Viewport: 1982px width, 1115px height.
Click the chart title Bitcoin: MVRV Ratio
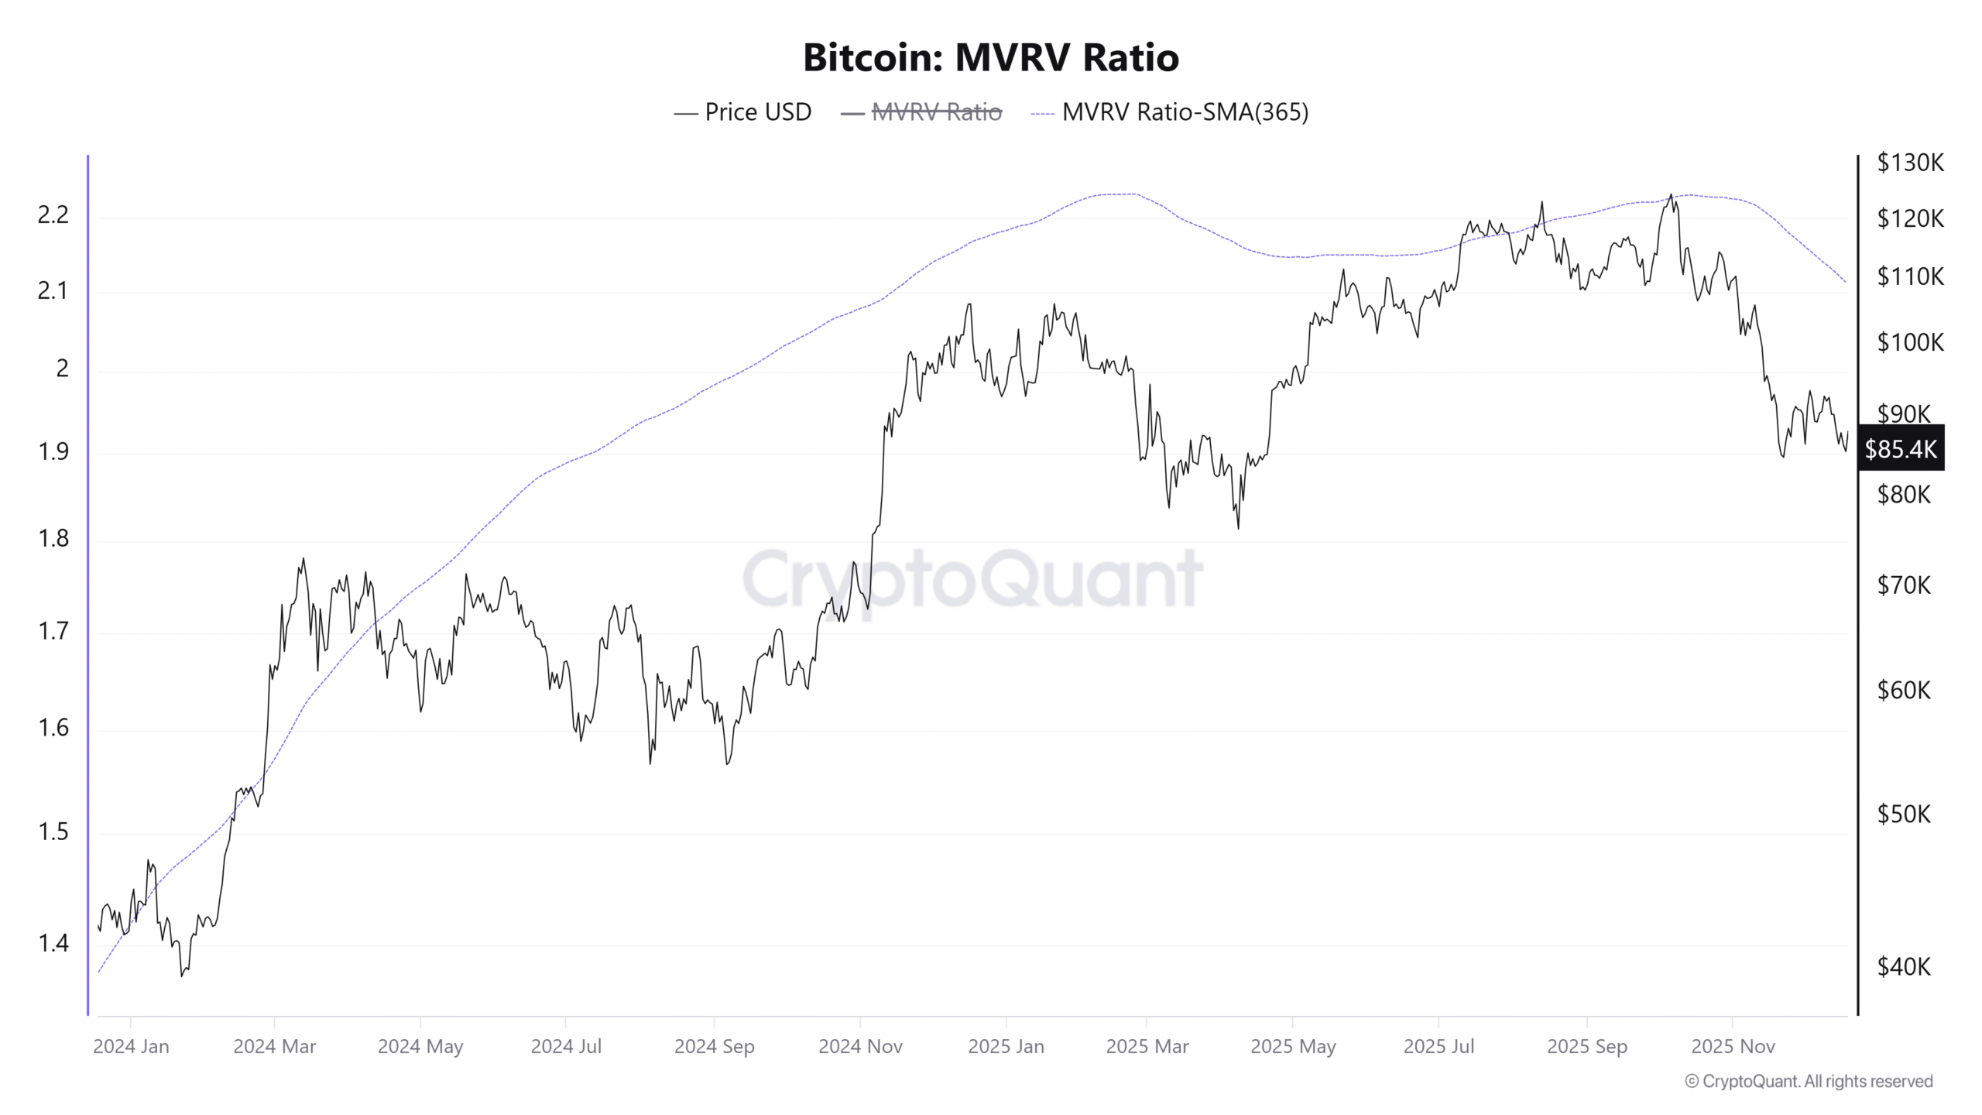click(x=990, y=57)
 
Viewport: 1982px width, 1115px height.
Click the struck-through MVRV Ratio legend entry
click(x=936, y=112)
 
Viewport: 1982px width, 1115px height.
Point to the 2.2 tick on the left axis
click(x=53, y=215)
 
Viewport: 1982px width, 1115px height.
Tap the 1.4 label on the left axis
click(x=53, y=943)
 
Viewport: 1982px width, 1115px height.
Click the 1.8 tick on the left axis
click(x=53, y=538)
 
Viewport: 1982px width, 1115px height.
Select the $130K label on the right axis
click(x=1910, y=163)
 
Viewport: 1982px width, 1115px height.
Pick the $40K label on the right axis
click(x=1904, y=966)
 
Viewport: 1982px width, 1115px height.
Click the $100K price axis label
click(x=1910, y=342)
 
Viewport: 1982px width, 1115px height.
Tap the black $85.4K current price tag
click(x=1901, y=448)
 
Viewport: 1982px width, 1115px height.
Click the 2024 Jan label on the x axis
click(x=131, y=1047)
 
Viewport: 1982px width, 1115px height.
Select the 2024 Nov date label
click(x=860, y=1047)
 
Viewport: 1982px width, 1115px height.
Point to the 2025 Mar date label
click(x=1147, y=1047)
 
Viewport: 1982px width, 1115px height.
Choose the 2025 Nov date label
click(x=1733, y=1047)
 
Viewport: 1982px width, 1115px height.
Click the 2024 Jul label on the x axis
click(x=566, y=1047)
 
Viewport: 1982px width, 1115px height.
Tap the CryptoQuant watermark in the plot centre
click(x=972, y=578)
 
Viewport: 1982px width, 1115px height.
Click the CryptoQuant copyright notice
click(x=1809, y=1082)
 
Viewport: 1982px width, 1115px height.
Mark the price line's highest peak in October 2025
click(x=1671, y=194)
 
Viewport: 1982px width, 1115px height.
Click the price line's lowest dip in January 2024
click(x=182, y=976)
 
